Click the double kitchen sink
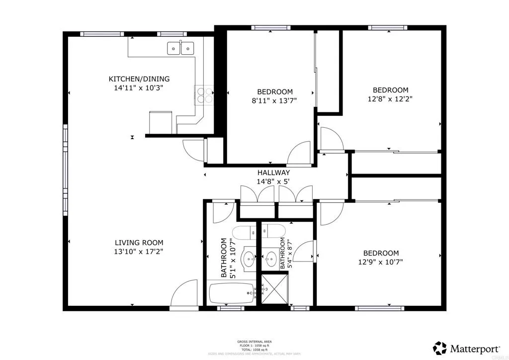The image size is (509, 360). tap(180, 48)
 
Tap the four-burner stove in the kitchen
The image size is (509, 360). tap(204, 95)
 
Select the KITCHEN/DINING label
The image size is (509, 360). tap(139, 79)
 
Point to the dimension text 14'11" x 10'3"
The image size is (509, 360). tap(139, 88)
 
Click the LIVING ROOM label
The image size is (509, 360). tap(139, 243)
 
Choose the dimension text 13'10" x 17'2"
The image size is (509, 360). tap(139, 252)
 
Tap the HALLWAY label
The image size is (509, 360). tap(273, 173)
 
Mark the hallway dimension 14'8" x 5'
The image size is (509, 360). tap(273, 181)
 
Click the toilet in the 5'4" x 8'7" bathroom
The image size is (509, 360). tap(272, 230)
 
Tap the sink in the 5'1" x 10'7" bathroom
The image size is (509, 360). tap(248, 258)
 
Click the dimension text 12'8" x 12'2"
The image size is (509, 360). tap(391, 98)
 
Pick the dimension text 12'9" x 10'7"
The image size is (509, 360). tap(381, 262)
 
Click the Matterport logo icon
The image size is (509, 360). tap(440, 347)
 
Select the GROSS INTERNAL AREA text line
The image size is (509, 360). tap(254, 342)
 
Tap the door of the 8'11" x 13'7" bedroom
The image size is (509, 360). tap(299, 153)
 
